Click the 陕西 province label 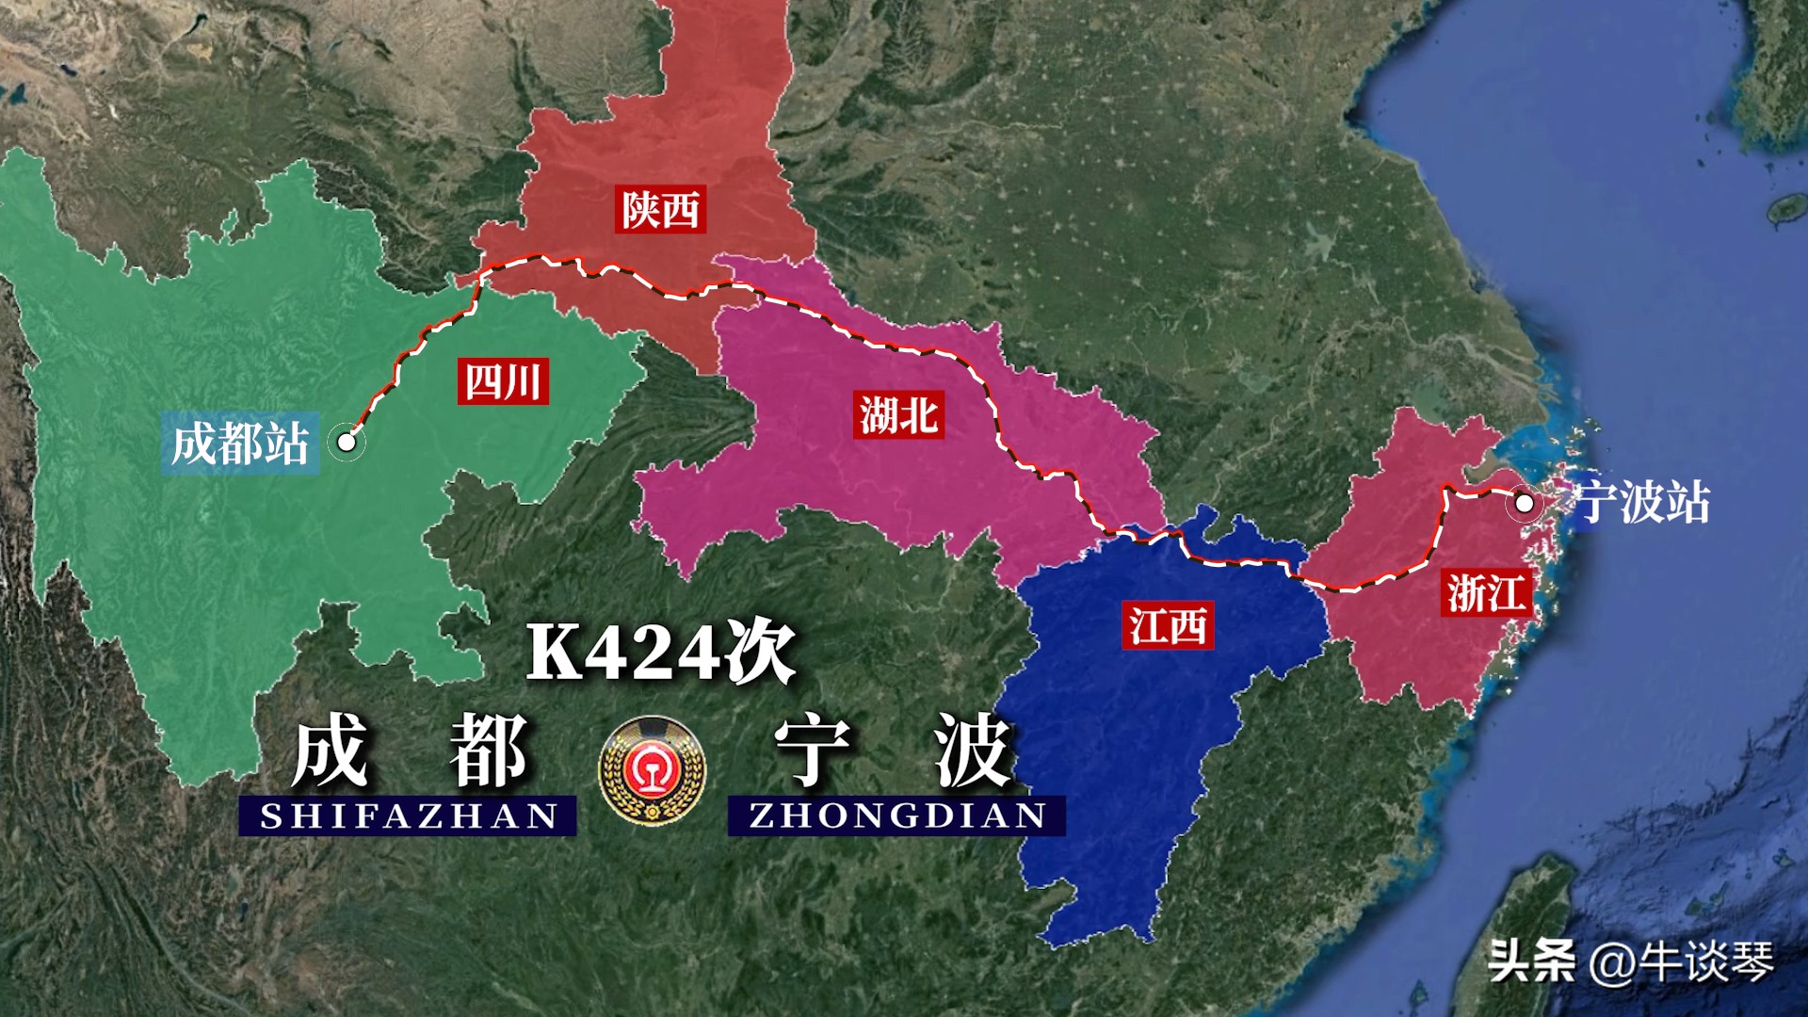(x=660, y=210)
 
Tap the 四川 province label (x=503, y=381)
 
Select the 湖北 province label (x=899, y=415)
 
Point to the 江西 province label (x=1168, y=625)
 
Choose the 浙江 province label (x=1485, y=593)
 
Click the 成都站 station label (x=240, y=444)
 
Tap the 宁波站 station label (x=1642, y=502)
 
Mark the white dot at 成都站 (x=347, y=441)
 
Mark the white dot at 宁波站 (x=1523, y=503)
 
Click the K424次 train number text (x=659, y=652)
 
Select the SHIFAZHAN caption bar (x=408, y=815)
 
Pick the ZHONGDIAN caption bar (x=896, y=815)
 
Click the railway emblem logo (x=652, y=771)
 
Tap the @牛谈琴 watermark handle (x=1682, y=961)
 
